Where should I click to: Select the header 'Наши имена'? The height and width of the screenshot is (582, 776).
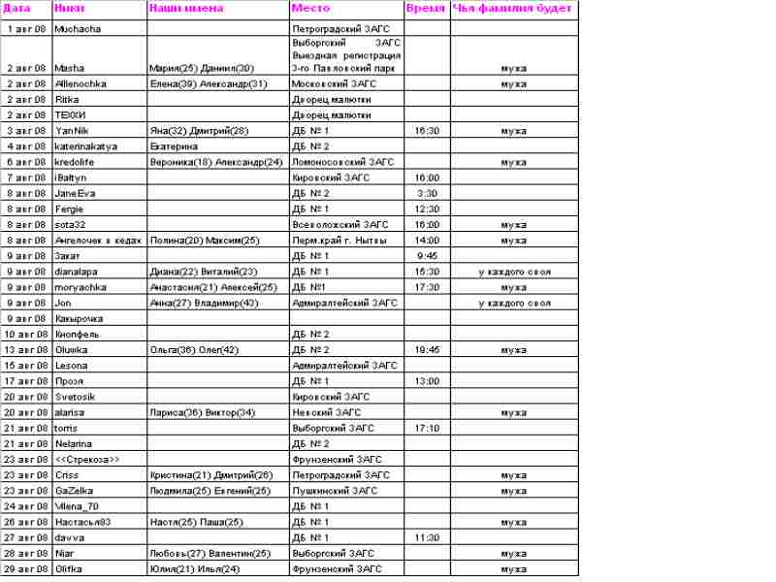(186, 8)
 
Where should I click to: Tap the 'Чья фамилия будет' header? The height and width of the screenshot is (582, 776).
(513, 8)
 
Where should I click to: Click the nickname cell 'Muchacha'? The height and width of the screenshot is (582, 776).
(74, 30)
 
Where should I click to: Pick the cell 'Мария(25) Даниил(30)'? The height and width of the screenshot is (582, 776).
(202, 69)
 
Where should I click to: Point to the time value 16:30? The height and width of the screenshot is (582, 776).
(427, 131)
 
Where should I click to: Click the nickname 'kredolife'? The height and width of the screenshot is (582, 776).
(74, 162)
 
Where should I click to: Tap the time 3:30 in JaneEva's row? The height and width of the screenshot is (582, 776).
(427, 193)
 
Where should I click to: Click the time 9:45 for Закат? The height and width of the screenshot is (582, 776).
(427, 256)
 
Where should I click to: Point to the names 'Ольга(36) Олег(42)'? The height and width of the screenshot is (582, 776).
(194, 349)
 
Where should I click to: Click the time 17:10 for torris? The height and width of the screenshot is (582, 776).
(427, 428)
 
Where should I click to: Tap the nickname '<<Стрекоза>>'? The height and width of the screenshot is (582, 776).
(87, 459)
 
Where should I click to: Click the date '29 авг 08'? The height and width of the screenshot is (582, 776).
(26, 568)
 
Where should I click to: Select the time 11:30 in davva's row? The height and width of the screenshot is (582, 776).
(427, 537)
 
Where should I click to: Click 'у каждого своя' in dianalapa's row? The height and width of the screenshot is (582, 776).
(514, 272)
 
